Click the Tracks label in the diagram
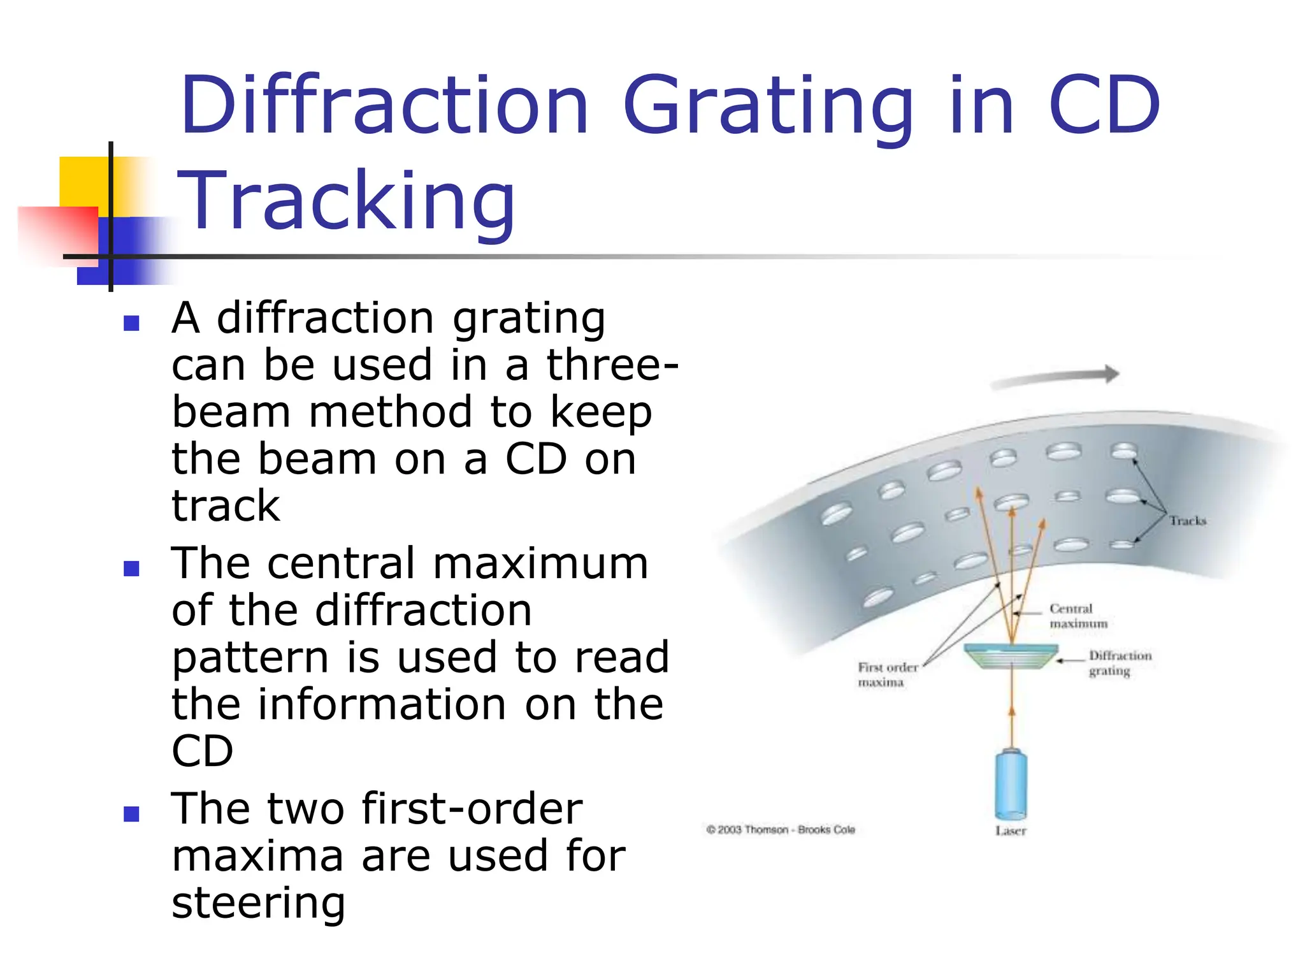1187,521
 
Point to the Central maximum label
1078,616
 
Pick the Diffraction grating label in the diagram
1120,663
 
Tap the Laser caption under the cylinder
1011,830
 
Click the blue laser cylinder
1011,784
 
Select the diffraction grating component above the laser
1011,656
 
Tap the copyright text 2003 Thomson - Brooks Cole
780,829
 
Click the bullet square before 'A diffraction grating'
131,323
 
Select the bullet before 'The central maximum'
131,568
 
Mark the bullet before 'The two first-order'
131,813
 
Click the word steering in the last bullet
258,903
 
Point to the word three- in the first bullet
612,365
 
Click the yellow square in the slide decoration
83,182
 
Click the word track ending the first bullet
226,506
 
